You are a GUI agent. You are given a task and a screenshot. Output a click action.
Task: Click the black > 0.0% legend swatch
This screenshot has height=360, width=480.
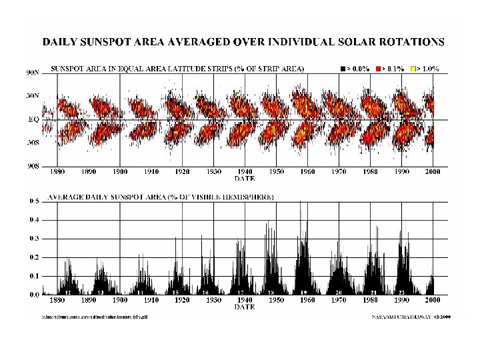342,69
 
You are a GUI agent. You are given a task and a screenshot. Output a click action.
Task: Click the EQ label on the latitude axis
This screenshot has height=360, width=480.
33,120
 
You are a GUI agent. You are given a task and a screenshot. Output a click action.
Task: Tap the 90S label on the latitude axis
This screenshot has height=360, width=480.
33,166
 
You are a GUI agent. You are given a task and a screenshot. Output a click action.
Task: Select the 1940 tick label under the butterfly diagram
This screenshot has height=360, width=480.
245,171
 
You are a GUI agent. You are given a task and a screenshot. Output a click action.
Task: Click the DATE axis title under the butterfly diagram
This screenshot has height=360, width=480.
245,178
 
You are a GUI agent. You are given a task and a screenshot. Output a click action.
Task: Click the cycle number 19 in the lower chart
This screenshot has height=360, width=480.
303,293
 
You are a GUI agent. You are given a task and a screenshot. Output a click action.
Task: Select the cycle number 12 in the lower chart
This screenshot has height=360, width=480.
68,293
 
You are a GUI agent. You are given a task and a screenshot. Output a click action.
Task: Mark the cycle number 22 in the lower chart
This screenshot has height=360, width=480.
402,293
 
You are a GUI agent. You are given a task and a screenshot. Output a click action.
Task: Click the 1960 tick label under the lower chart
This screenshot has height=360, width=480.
307,301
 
